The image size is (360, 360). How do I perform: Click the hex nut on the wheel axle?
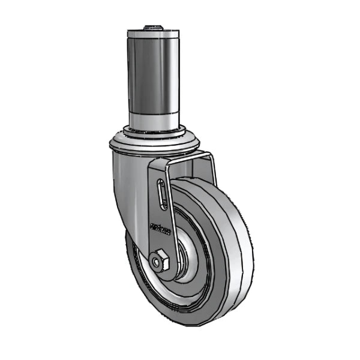(x=160, y=261)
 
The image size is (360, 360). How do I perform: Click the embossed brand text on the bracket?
(x=160, y=228)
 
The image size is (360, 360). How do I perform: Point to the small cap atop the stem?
(x=154, y=27)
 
